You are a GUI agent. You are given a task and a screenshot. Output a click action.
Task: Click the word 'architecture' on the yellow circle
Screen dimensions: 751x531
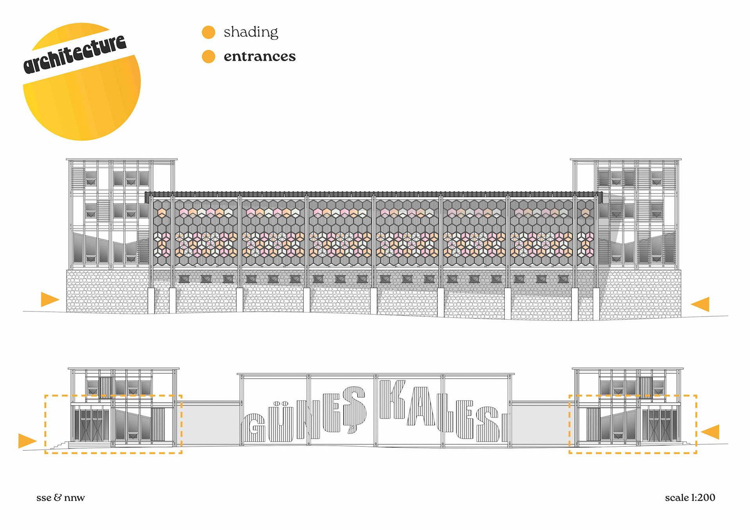coord(75,54)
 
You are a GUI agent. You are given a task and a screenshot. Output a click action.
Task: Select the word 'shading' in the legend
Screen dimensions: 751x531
coord(251,32)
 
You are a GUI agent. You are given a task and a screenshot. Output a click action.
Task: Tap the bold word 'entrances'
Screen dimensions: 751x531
coord(259,56)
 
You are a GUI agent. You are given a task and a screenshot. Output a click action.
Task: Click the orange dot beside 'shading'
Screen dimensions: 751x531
coord(208,32)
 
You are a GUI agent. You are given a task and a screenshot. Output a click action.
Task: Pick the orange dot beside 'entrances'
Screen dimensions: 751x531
coord(208,56)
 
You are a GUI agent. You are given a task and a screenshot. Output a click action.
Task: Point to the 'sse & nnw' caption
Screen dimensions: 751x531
coord(61,497)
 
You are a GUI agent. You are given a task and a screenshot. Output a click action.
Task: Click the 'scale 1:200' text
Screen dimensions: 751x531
coord(690,497)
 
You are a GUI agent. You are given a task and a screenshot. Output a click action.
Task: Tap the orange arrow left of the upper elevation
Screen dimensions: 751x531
coord(49,299)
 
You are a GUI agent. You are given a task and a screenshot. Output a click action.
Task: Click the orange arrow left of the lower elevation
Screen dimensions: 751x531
coord(27,441)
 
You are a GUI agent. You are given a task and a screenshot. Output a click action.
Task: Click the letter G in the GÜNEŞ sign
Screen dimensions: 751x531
coord(254,428)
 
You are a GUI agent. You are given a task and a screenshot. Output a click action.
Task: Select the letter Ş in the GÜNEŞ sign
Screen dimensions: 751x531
coord(354,409)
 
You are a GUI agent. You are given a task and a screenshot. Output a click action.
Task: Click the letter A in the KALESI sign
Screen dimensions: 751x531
coord(422,407)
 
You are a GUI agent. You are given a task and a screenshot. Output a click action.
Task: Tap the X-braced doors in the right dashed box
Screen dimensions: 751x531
coord(660,424)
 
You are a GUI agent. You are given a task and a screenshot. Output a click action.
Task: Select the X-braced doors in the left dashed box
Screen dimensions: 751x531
coord(92,425)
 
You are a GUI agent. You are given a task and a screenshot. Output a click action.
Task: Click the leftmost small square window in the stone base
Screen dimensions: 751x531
coord(184,279)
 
